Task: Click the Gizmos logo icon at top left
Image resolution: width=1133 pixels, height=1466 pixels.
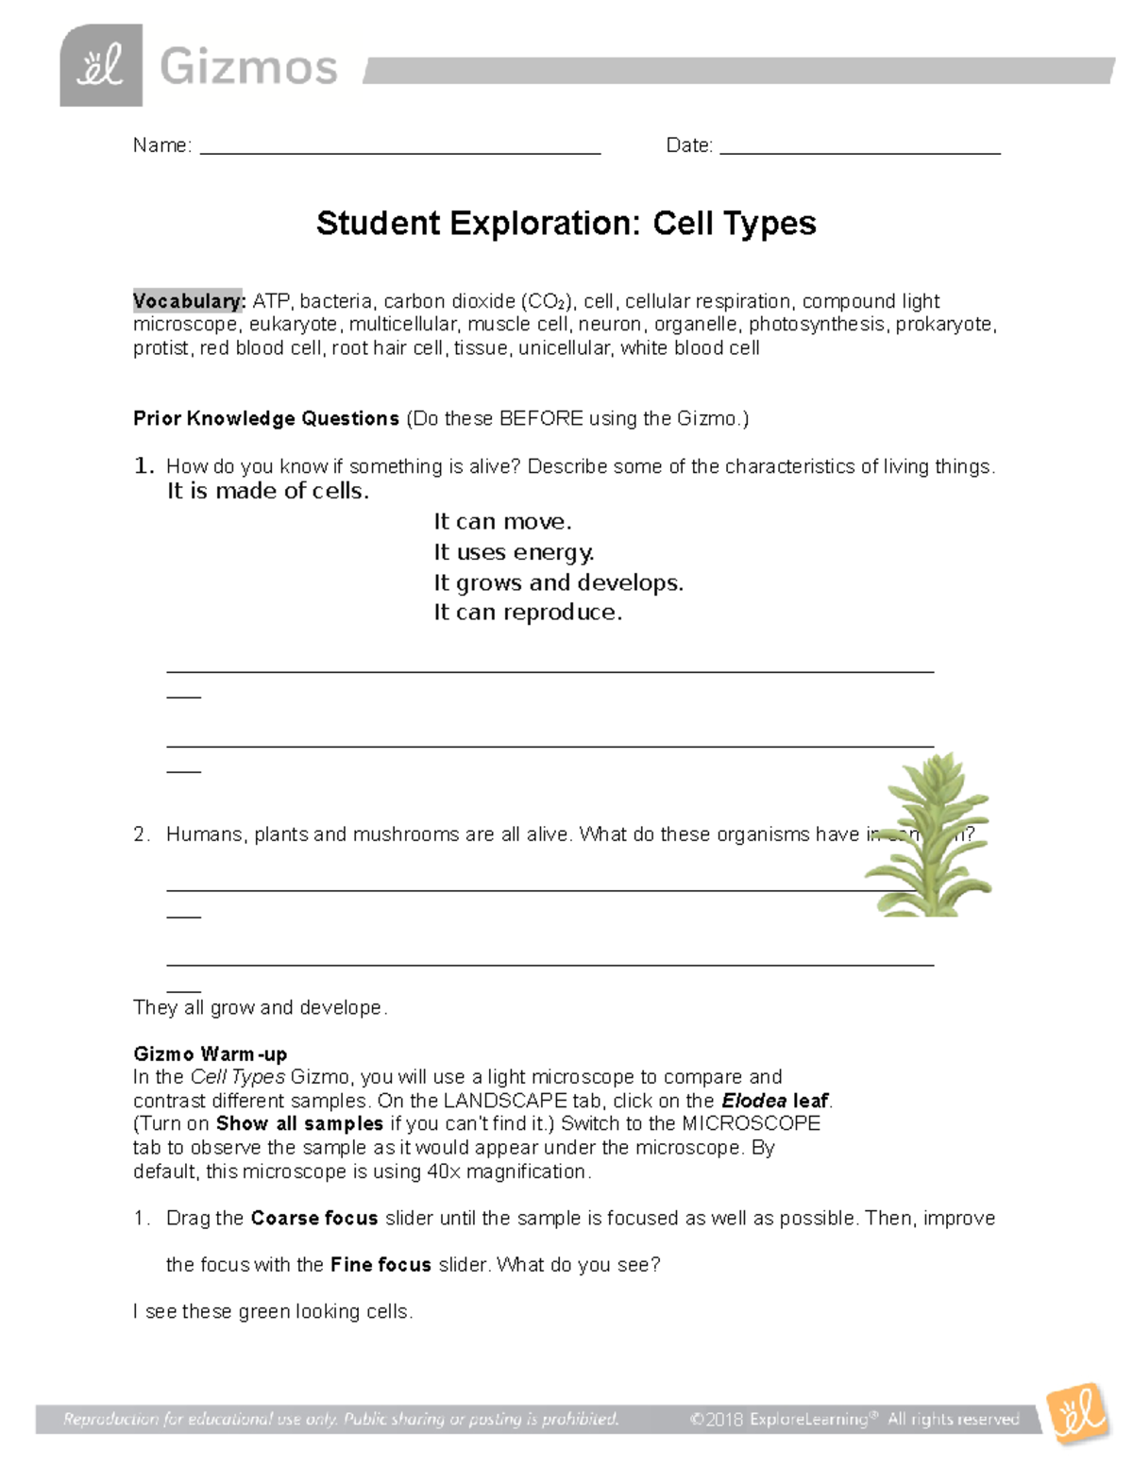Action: [101, 66]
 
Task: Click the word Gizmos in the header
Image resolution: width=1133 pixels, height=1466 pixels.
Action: [248, 68]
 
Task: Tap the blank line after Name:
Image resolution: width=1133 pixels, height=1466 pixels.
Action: [400, 148]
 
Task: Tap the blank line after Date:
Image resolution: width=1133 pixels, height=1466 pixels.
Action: [859, 148]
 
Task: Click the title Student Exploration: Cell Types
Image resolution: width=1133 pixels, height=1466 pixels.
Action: [566, 224]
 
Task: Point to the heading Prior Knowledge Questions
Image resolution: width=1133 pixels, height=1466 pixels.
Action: [266, 418]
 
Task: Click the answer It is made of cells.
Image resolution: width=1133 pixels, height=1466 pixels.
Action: [268, 491]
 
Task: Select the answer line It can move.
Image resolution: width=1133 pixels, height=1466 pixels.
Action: [502, 522]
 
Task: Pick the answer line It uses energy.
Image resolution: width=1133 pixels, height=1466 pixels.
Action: [514, 552]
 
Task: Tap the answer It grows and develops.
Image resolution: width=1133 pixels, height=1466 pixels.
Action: [558, 582]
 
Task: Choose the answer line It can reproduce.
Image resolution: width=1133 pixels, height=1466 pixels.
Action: [528, 613]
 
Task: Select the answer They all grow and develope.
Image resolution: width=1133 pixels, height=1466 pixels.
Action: [260, 1007]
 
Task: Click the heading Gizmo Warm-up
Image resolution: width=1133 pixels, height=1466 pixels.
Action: [210, 1053]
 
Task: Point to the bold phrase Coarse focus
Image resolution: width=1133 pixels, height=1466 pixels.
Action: [314, 1218]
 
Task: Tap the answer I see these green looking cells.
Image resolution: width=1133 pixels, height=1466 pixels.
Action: [273, 1311]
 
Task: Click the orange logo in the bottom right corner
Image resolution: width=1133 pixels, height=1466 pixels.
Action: [1077, 1413]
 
